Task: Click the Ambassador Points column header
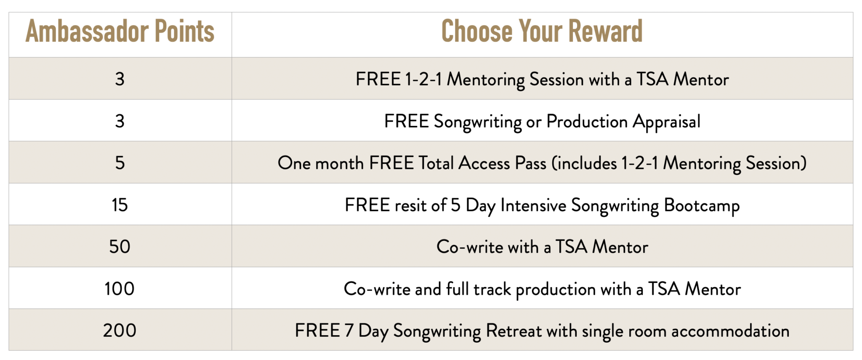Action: tap(120, 32)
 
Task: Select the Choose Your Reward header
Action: tap(542, 32)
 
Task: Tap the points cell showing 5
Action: tap(120, 163)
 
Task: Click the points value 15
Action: tap(120, 205)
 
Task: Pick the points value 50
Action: tap(120, 246)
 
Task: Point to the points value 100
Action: tap(120, 288)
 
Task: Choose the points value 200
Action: tap(120, 330)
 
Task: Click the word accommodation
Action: tap(730, 331)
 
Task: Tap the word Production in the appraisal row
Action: tap(587, 121)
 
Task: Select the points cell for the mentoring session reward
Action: tap(120, 79)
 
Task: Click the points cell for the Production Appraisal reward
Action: tap(120, 121)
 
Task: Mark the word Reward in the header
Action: tap(606, 32)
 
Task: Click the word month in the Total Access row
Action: tap(339, 163)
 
